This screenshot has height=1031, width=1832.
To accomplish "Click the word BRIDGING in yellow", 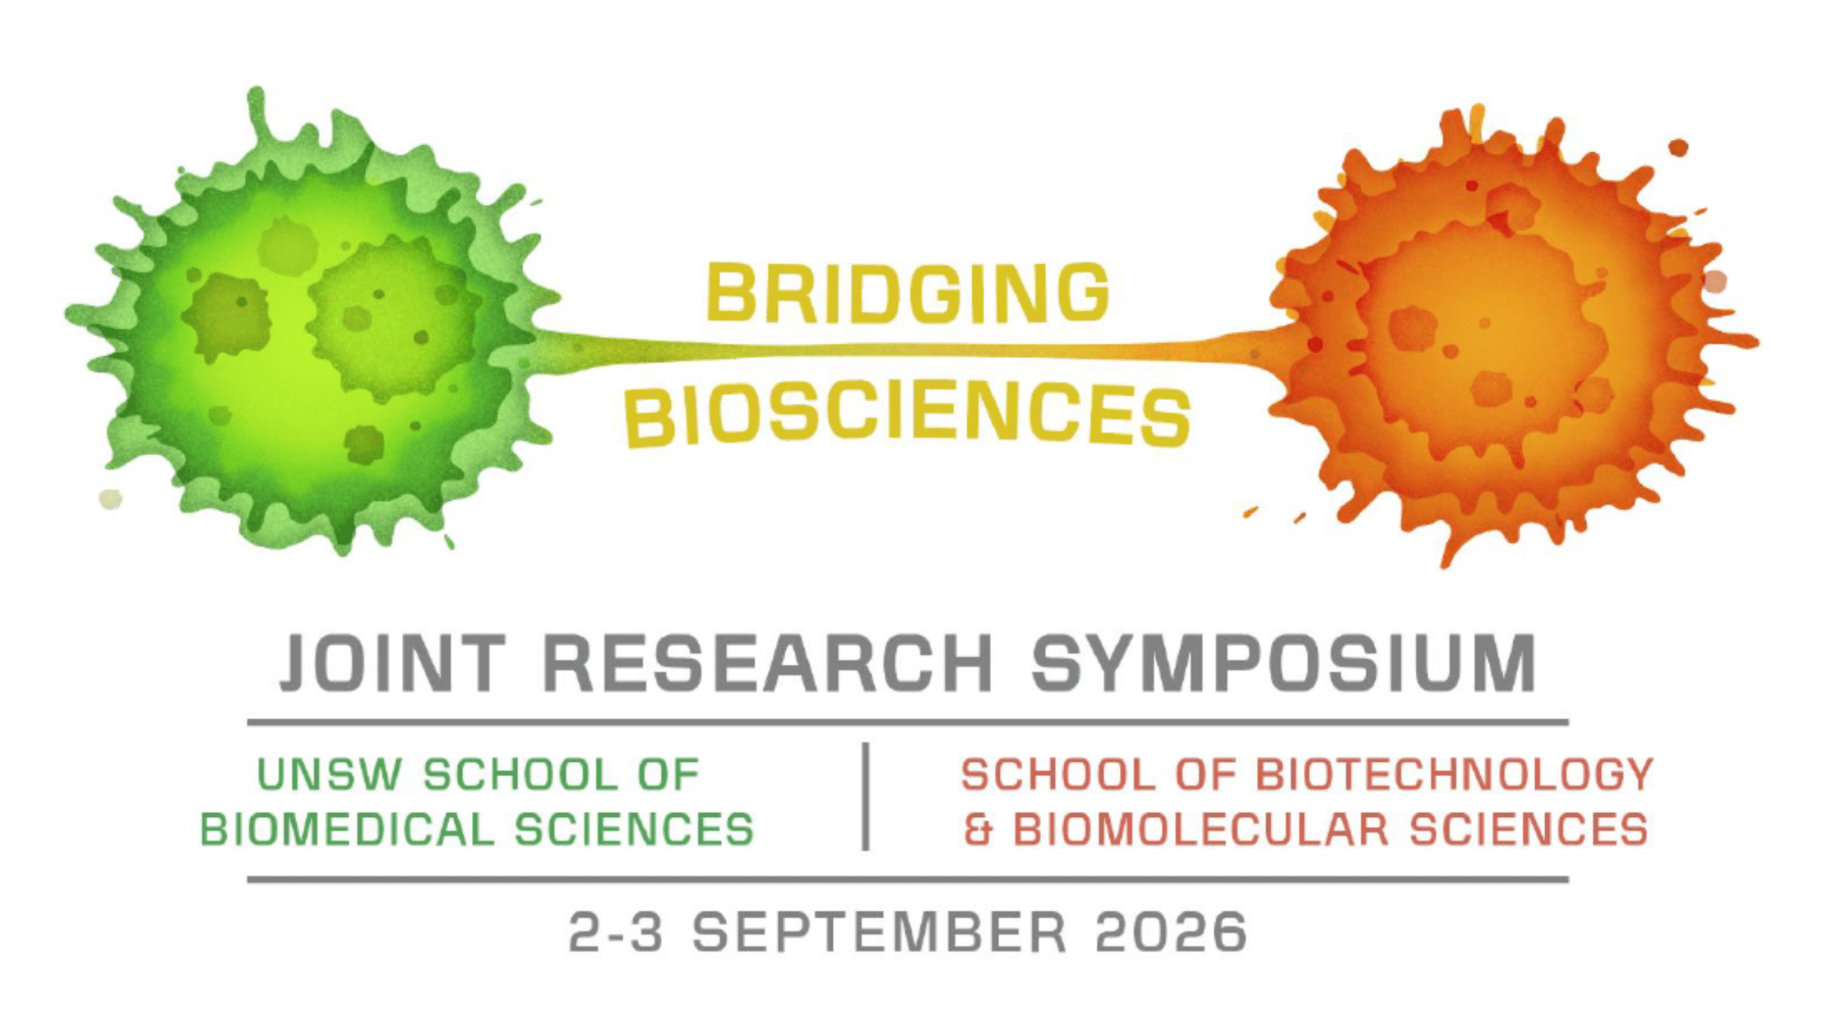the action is (908, 293).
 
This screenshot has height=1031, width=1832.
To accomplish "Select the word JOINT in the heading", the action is (392, 663).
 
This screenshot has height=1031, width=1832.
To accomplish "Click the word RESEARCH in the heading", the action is (768, 663).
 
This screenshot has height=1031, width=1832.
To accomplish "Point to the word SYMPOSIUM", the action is (1284, 663).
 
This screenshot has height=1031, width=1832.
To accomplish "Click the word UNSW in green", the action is (330, 775).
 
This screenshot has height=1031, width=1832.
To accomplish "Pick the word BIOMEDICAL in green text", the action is (347, 829).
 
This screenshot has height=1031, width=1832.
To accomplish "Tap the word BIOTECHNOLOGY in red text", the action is (1455, 775).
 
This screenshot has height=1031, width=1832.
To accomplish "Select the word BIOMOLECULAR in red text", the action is (1201, 829).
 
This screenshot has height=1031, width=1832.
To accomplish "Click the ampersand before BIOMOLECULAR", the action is (978, 829).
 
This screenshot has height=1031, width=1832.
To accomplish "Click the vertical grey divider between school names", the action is (865, 796).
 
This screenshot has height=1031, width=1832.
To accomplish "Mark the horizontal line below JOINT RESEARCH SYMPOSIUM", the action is (908, 722).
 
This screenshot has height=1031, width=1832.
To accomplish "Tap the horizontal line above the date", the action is (908, 880).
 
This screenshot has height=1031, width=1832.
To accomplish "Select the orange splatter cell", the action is (1505, 337).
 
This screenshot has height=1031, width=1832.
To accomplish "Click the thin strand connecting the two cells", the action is (904, 351).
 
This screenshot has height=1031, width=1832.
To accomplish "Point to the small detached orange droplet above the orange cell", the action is (1678, 148).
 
